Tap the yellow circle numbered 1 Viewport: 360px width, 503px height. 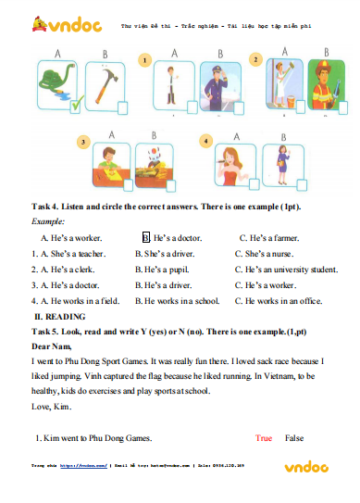click(x=143, y=60)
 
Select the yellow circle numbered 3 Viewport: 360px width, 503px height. click(x=83, y=142)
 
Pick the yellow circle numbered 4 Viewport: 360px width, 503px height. click(x=206, y=142)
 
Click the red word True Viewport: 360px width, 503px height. click(x=264, y=437)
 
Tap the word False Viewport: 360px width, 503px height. click(x=295, y=437)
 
